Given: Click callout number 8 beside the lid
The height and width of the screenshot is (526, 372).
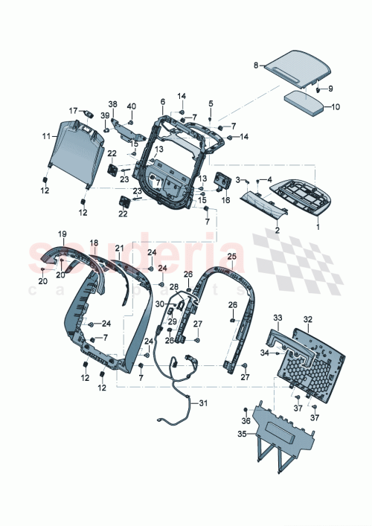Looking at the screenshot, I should click(256, 65).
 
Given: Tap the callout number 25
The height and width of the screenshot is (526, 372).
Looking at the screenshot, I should click(231, 257).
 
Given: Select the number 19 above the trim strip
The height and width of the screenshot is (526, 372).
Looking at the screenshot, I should click(62, 234).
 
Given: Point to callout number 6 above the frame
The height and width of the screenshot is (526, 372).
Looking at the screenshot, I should click(162, 101).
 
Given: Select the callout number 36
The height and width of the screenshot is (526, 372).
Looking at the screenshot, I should click(245, 420).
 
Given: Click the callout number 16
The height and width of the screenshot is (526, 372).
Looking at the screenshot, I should click(226, 200).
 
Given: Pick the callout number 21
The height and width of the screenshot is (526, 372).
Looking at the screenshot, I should click(119, 247).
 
